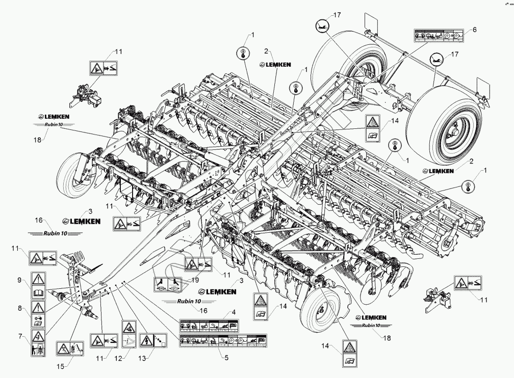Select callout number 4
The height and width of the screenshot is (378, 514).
click(233, 312)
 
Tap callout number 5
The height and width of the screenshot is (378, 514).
click(225, 357)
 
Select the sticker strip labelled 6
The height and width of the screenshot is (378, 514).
click(439, 36)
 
